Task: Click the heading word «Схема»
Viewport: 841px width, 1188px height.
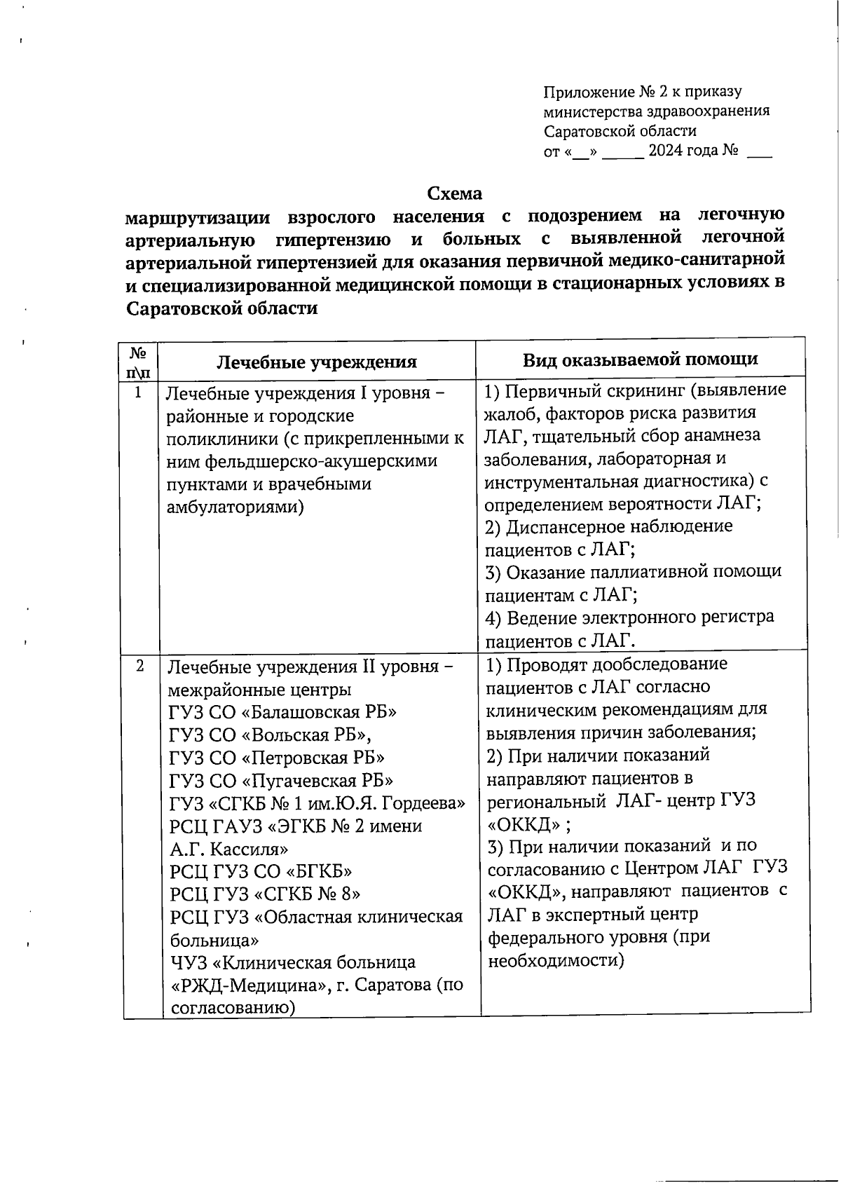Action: click(x=455, y=193)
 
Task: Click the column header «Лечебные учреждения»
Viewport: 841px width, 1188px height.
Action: click(x=316, y=362)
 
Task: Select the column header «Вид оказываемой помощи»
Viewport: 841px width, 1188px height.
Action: click(x=640, y=359)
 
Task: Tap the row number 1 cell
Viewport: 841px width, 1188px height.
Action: click(x=138, y=393)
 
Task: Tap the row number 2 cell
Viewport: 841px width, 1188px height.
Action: click(x=140, y=666)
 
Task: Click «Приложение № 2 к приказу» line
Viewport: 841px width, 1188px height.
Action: click(x=643, y=92)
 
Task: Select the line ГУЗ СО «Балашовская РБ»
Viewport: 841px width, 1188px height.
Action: click(x=282, y=712)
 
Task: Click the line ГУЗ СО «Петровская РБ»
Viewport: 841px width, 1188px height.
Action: click(x=277, y=758)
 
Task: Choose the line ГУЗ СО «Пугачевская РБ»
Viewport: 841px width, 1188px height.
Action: click(x=281, y=780)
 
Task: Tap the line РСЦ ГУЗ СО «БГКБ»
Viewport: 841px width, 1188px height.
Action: click(x=261, y=871)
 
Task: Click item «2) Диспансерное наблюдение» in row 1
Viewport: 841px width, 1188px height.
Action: click(x=608, y=526)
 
